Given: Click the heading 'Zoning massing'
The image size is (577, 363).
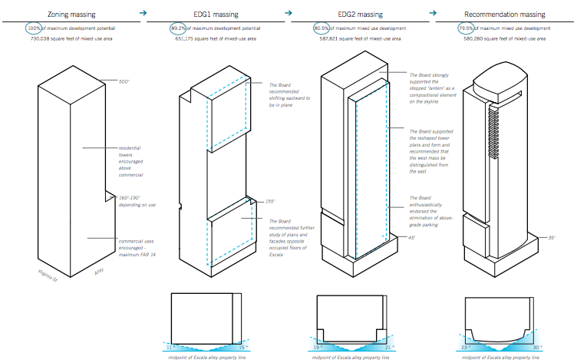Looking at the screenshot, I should click(71, 14).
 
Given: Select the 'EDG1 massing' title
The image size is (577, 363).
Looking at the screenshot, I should click(216, 14).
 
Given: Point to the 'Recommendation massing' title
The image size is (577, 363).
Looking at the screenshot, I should click(506, 14).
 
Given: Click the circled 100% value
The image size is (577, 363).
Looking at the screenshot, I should click(34, 28).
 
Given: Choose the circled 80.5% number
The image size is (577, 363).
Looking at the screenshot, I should click(322, 28).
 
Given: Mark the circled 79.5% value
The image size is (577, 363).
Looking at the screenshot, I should click(466, 28).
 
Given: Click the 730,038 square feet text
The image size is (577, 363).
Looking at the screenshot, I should click(71, 38).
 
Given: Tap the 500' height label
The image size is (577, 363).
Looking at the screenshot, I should click(125, 81).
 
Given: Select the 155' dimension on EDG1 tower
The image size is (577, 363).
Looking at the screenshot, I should click(269, 201).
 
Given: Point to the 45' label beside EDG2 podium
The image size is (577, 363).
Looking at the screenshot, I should click(412, 238).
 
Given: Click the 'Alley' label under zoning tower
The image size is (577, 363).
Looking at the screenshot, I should click(98, 273).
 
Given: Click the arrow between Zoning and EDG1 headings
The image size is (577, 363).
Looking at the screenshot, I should click(143, 13).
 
